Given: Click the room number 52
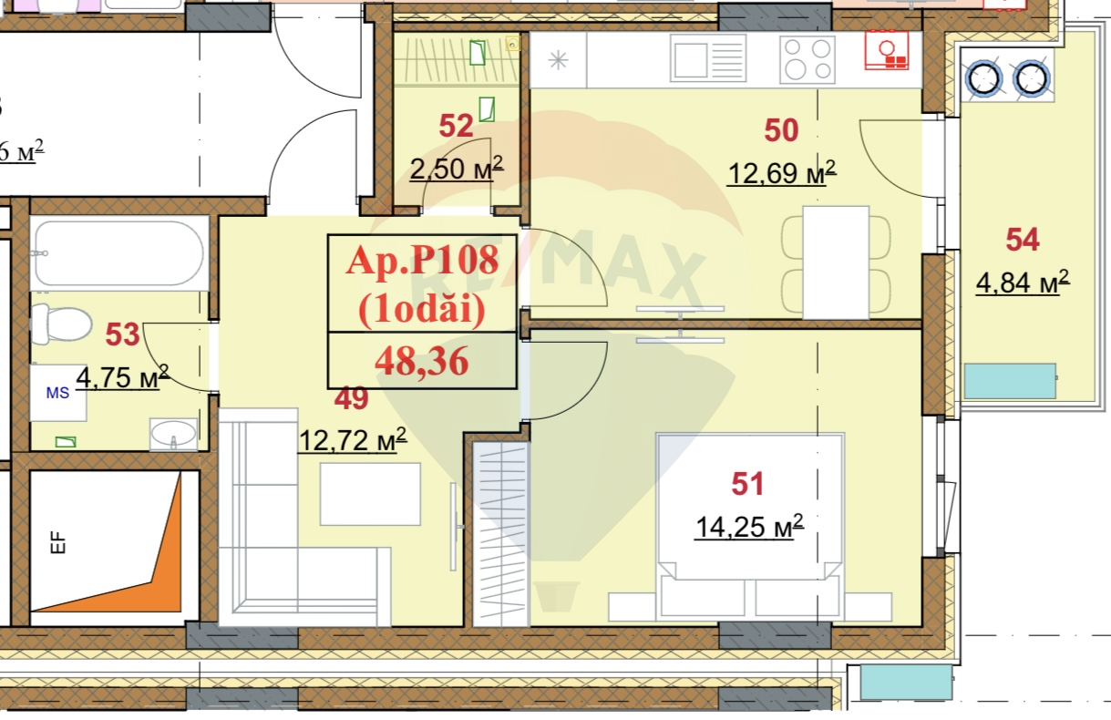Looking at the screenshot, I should click(456, 126).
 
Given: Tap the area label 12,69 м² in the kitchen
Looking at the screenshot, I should click(781, 171).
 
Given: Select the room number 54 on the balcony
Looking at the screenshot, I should click(1022, 241).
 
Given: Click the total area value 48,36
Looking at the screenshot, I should click(422, 362).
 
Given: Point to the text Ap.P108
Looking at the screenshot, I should click(422, 262).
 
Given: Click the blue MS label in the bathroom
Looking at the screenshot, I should click(57, 392).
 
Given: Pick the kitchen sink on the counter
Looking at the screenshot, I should click(707, 57).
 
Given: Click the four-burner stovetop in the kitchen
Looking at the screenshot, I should click(808, 59).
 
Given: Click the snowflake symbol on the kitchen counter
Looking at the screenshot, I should click(557, 61).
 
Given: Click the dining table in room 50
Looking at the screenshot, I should click(836, 262).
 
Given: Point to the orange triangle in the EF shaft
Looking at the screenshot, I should click(137, 565).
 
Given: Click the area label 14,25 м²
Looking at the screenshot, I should click(748, 526).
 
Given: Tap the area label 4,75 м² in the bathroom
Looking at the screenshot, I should click(122, 376).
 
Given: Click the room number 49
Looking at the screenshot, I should click(351, 397).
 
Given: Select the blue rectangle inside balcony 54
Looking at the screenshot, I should click(1010, 380).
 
